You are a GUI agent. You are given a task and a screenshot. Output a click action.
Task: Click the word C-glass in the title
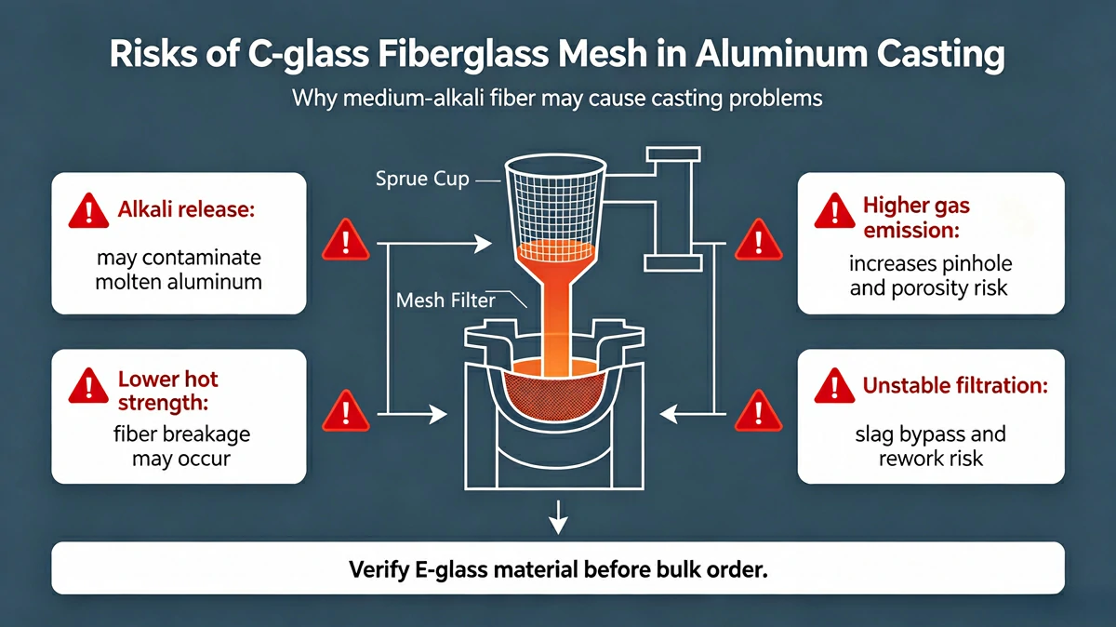click(x=309, y=55)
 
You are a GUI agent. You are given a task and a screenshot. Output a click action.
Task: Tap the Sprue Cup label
click(x=422, y=180)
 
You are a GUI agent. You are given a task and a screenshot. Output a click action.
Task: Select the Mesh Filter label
click(x=445, y=300)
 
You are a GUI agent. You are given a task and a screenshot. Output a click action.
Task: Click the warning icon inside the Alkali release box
click(x=88, y=211)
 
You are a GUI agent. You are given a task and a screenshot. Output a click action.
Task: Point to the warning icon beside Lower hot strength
click(x=88, y=386)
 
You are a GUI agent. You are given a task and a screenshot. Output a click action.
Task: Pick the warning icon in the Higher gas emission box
click(x=835, y=211)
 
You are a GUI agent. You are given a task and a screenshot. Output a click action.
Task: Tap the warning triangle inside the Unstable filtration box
click(x=835, y=386)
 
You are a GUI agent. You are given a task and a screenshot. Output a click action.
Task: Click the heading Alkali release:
click(x=186, y=209)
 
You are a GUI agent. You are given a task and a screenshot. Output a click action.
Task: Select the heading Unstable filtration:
click(x=956, y=385)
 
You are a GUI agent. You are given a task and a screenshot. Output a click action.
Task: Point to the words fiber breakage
click(x=182, y=434)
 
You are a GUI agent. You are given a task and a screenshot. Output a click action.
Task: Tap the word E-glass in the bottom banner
click(x=451, y=569)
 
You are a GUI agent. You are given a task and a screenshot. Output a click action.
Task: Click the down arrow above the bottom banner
click(x=558, y=517)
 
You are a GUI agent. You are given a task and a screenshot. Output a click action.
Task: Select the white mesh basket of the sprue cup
click(x=555, y=209)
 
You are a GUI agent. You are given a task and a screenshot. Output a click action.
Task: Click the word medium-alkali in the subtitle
click(x=413, y=99)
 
